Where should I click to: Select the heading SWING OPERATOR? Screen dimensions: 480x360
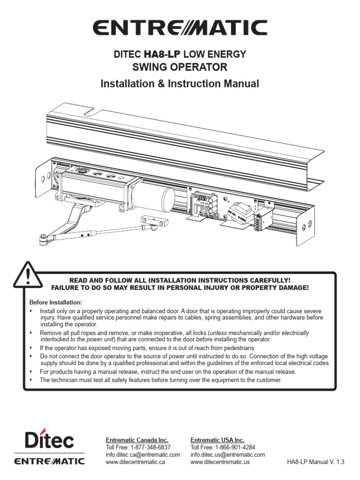click(180, 67)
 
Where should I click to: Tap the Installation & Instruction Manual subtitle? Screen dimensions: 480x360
click(180, 84)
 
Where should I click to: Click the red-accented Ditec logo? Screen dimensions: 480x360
click(49, 441)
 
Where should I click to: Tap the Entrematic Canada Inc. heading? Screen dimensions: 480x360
click(137, 440)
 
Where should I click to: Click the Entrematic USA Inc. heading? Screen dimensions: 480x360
click(217, 440)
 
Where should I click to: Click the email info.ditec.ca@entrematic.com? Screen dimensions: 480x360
click(143, 455)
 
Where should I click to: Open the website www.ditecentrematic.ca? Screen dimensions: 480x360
click(135, 462)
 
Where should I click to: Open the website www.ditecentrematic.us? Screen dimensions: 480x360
click(220, 462)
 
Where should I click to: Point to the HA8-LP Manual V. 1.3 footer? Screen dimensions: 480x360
click(315, 462)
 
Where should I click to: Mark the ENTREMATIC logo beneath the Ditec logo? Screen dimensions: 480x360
click(49, 461)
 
